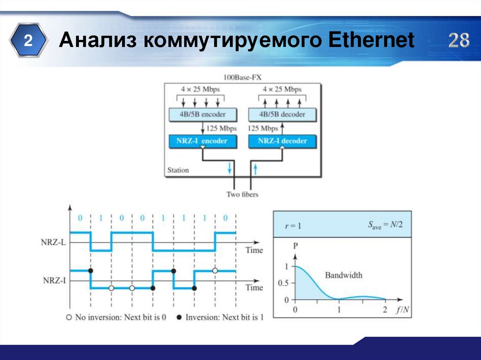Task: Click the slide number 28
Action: coord(458,41)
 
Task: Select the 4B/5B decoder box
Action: coord(282,115)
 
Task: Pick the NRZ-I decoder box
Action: coord(282,141)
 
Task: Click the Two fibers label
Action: coord(242,194)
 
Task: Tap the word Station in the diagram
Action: coord(178,170)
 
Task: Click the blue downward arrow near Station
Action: coord(230,168)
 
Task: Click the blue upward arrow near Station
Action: coord(255,168)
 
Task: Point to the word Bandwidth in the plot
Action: coord(343,275)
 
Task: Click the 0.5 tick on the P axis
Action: coord(283,283)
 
